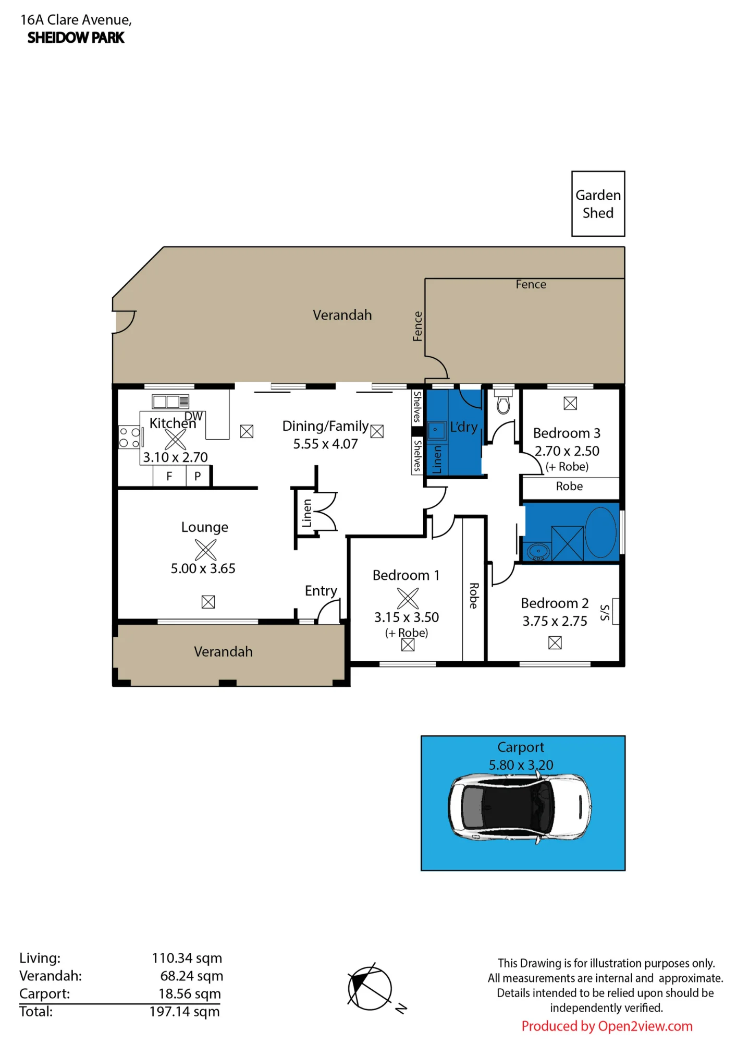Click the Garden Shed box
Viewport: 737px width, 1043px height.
pyautogui.click(x=598, y=203)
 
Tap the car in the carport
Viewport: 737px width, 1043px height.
pyautogui.click(x=520, y=807)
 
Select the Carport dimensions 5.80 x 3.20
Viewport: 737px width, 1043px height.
pyautogui.click(x=521, y=765)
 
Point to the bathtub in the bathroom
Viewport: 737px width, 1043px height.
pyautogui.click(x=600, y=532)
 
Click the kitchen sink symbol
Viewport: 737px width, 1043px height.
pyautogui.click(x=170, y=401)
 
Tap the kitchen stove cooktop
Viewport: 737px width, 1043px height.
pyautogui.click(x=130, y=437)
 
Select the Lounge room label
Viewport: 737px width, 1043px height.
pyautogui.click(x=205, y=527)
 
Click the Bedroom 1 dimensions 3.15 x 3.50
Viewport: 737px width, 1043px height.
pyautogui.click(x=407, y=617)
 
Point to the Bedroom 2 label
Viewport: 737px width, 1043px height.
pyautogui.click(x=555, y=603)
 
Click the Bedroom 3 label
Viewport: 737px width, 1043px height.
pyautogui.click(x=567, y=433)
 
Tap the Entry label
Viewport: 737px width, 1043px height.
pyautogui.click(x=321, y=591)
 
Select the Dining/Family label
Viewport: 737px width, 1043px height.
pyautogui.click(x=325, y=426)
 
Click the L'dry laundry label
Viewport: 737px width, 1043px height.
pyautogui.click(x=464, y=427)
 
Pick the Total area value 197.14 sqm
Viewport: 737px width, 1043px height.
pyautogui.click(x=185, y=1012)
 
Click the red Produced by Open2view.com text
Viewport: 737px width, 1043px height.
pyautogui.click(x=607, y=1026)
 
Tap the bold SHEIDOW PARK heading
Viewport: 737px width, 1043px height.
pyautogui.click(x=76, y=38)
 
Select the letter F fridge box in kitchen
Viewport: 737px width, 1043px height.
pyautogui.click(x=169, y=476)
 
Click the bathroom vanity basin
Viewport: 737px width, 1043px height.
pyautogui.click(x=538, y=551)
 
